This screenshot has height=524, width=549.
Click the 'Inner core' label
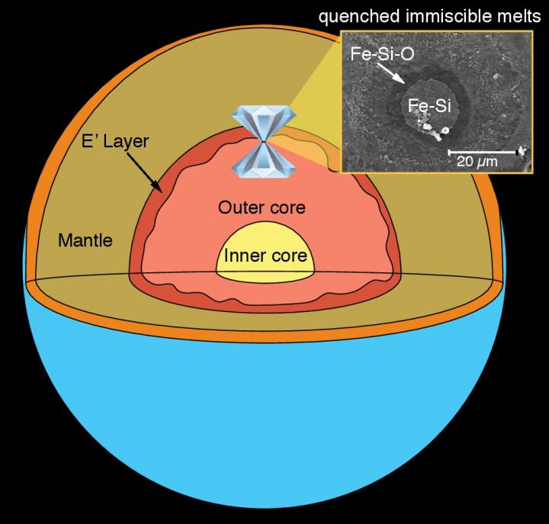265,255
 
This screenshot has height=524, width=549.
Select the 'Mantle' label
85,242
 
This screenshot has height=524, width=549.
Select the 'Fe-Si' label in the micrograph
430,107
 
